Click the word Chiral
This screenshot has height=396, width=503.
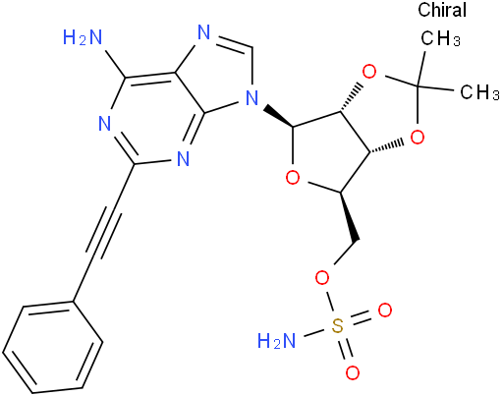pos(442,10)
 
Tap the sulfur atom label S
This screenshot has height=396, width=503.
pos(338,326)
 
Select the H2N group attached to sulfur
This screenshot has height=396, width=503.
pos(277,340)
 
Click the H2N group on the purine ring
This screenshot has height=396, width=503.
pos(83,37)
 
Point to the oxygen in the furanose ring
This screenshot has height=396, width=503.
pos(293,178)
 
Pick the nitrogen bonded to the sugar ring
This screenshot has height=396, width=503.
pos(252,97)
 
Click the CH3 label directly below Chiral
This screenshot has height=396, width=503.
pos(441,38)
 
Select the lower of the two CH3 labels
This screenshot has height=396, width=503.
pos(480,91)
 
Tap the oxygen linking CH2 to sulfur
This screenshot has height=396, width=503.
pos(322,279)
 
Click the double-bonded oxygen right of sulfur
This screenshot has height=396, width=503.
pos(385,311)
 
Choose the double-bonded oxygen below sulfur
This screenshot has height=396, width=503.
pos(353,372)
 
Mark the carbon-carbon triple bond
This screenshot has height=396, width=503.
pos(104,232)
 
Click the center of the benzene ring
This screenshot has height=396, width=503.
pos(53,347)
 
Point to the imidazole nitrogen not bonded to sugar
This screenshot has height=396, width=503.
pos(204,32)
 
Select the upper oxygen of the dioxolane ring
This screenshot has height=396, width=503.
pos(369,72)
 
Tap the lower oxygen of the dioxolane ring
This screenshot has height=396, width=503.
pos(418,138)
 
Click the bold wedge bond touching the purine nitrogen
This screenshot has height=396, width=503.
pos(278,116)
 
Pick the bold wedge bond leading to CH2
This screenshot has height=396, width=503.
pos(350,217)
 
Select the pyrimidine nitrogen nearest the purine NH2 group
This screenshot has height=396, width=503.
pos(105,124)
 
